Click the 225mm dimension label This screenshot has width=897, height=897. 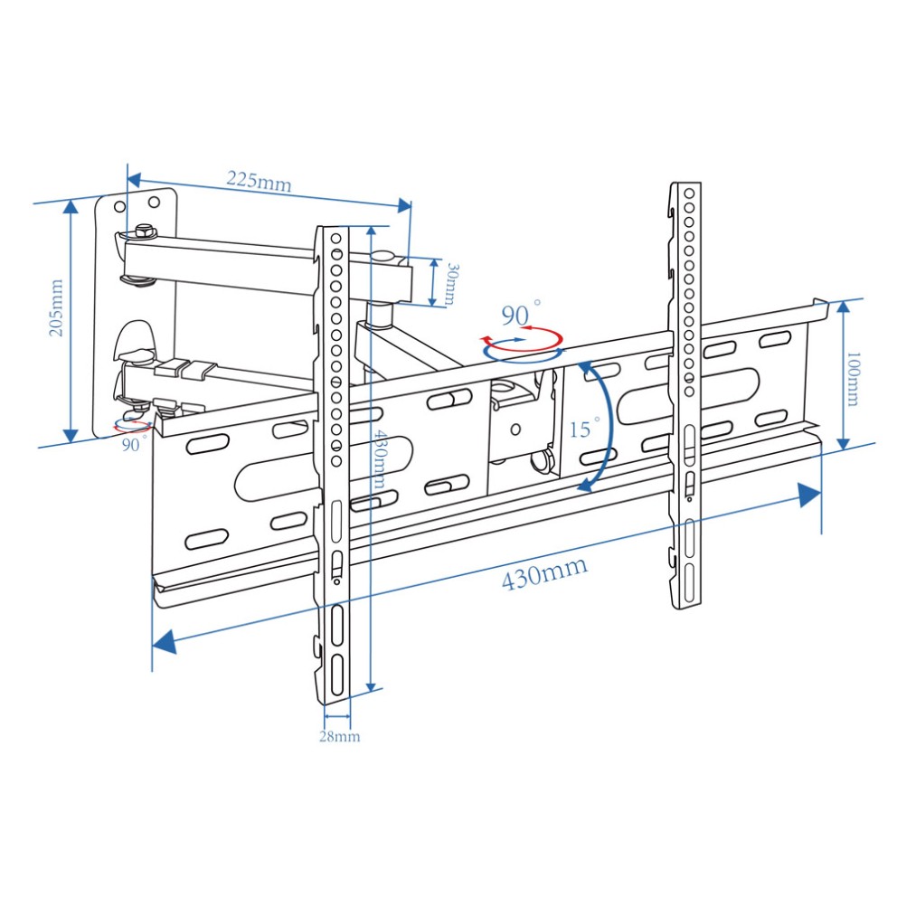pyautogui.click(x=260, y=182)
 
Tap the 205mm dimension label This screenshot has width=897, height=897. pyautogui.click(x=57, y=307)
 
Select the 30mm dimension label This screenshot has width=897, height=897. pyautogui.click(x=450, y=284)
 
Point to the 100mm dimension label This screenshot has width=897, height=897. pyautogui.click(x=852, y=379)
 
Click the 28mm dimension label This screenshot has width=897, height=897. pyautogui.click(x=339, y=736)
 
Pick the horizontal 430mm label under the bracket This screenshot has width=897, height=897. pyautogui.click(x=544, y=572)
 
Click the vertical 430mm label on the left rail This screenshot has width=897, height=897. pyautogui.click(x=379, y=458)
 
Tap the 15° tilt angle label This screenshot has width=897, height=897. pyautogui.click(x=584, y=428)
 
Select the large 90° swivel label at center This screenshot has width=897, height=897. pyautogui.click(x=521, y=313)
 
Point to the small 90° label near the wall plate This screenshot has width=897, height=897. pyautogui.click(x=134, y=443)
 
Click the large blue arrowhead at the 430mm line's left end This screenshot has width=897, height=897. pyautogui.click(x=165, y=641)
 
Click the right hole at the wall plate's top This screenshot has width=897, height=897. pyautogui.click(x=154, y=202)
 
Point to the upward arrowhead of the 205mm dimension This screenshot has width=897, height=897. pyautogui.click(x=71, y=206)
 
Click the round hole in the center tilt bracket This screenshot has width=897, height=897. pyautogui.click(x=515, y=429)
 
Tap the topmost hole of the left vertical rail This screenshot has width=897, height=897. pyautogui.click(x=335, y=239)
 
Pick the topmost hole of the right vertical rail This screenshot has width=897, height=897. pyautogui.click(x=689, y=194)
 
